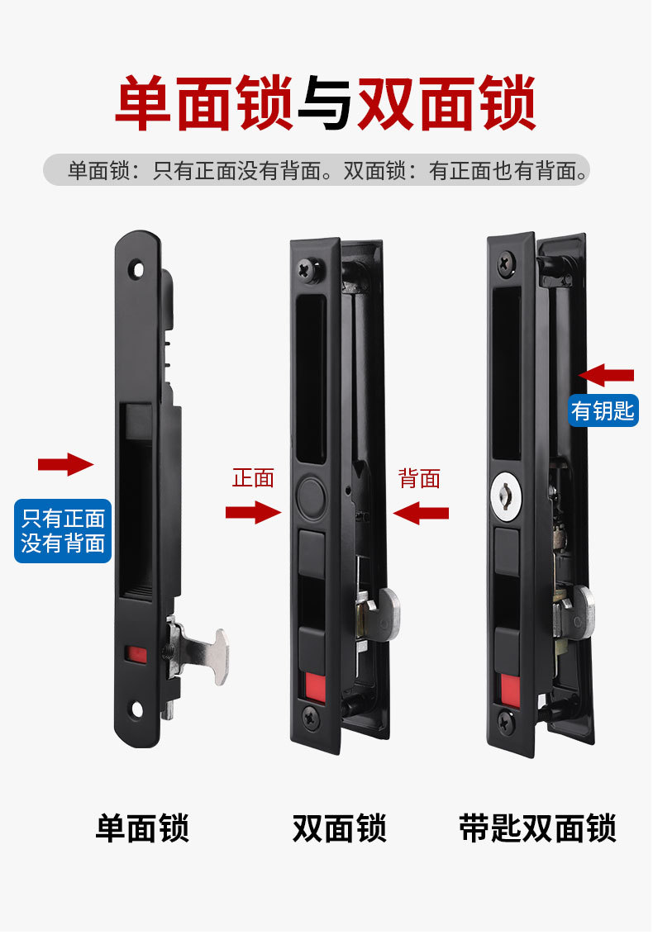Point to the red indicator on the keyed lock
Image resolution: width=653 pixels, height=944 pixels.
510,690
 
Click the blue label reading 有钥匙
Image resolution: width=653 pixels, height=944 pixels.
603,411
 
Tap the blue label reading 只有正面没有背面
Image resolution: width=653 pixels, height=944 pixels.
64,531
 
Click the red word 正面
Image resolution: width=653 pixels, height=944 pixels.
254,478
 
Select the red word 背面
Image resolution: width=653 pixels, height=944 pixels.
419,479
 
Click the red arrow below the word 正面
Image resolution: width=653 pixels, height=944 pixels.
254,513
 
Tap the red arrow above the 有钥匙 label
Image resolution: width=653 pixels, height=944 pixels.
606,375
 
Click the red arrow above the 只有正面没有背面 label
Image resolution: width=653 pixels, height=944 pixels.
65,464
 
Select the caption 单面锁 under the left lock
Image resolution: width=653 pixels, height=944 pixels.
143,828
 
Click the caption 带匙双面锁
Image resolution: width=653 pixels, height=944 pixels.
537,828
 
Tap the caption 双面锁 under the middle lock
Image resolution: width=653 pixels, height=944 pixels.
339,828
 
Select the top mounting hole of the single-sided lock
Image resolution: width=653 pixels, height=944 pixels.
139,268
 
